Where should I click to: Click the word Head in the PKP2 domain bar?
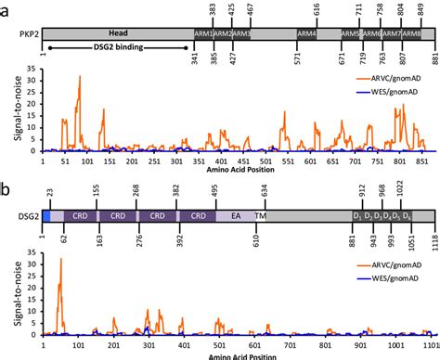click(x=118, y=32)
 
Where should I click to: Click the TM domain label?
click(x=260, y=214)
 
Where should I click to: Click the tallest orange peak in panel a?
click(x=80, y=77)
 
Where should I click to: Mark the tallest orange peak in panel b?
click(x=60, y=259)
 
